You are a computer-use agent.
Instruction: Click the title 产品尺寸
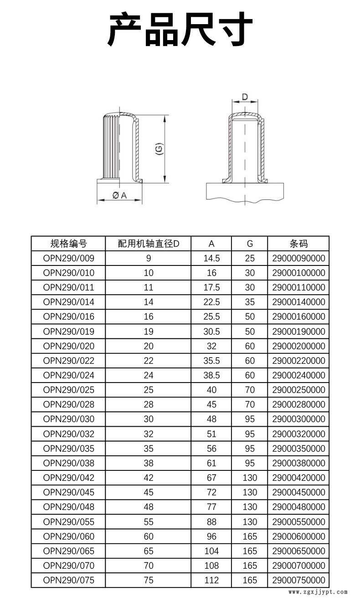(x=180, y=29)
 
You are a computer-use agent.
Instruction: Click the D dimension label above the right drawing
(x=245, y=97)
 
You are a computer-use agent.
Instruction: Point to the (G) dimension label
(x=159, y=149)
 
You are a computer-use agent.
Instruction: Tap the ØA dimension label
(x=120, y=195)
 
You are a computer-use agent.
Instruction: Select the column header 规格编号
(x=68, y=244)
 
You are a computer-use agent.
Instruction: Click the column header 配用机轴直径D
(x=149, y=244)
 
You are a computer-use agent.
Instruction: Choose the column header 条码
(x=298, y=244)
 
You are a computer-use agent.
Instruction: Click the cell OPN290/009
(x=68, y=258)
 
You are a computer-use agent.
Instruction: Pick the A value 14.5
(x=211, y=258)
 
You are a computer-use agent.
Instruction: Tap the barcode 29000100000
(x=298, y=273)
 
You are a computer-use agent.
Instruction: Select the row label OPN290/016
(x=68, y=316)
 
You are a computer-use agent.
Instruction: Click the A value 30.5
(x=211, y=332)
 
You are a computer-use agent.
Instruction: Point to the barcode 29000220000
(x=298, y=361)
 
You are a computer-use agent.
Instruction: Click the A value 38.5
(x=211, y=375)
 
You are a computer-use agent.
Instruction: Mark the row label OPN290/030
(x=68, y=419)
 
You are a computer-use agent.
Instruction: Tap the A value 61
(x=211, y=463)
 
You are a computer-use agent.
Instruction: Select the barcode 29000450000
(x=298, y=492)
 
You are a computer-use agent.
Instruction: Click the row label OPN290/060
(x=68, y=536)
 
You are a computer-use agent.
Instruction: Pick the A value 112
(x=211, y=580)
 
